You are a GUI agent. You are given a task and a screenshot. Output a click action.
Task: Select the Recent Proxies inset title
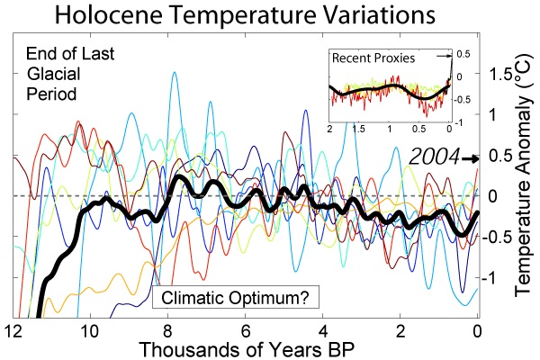coord(374,58)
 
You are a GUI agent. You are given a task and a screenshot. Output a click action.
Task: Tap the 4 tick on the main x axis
coord(322,330)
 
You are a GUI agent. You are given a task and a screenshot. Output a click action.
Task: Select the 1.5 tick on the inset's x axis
coord(359,130)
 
